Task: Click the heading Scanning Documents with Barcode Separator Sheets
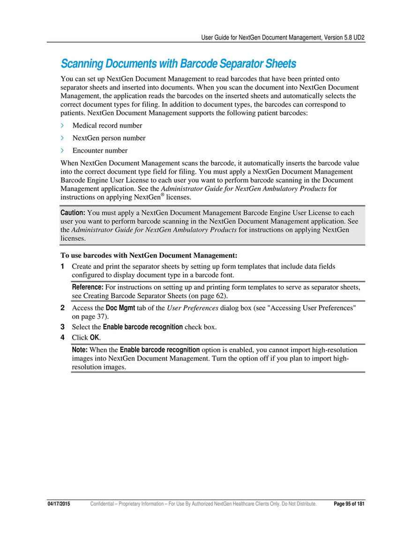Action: [x=179, y=63]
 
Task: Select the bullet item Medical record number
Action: [x=107, y=126]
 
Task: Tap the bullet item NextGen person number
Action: [x=109, y=138]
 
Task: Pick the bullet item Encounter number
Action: [x=100, y=151]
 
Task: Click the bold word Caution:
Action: [x=73, y=213]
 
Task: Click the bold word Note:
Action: [x=80, y=350]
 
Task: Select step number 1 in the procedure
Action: [x=63, y=266]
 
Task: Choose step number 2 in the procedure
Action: [x=63, y=308]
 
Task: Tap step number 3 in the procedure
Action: [x=63, y=327]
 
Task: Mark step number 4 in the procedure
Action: [x=63, y=338]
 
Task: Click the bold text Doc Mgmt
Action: [x=120, y=308]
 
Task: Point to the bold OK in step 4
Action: [x=94, y=338]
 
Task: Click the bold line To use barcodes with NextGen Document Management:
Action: [x=149, y=255]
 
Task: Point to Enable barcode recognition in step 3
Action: [x=143, y=327]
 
